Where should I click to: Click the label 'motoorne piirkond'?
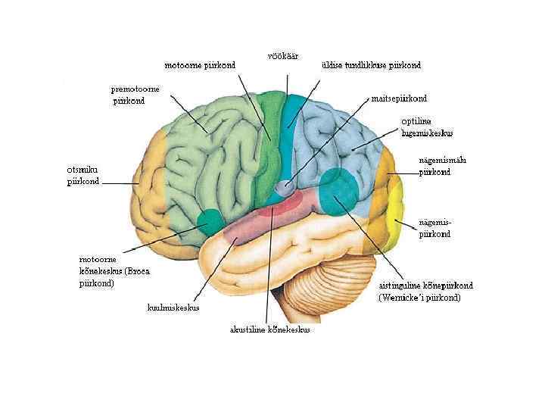pyautogui.click(x=201, y=65)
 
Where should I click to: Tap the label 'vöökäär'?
pyautogui.click(x=283, y=55)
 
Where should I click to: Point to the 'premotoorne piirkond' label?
pyautogui.click(x=135, y=94)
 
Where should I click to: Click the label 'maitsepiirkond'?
pyautogui.click(x=399, y=98)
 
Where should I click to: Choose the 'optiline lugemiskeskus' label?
pyautogui.click(x=427, y=126)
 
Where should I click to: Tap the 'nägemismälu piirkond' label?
pyautogui.click(x=434, y=166)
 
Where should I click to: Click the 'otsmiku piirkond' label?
pyautogui.click(x=83, y=176)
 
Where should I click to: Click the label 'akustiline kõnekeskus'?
pyautogui.click(x=269, y=329)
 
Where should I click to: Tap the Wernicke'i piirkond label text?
pyautogui.click(x=425, y=292)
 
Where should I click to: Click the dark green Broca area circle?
pyautogui.click(x=209, y=223)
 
